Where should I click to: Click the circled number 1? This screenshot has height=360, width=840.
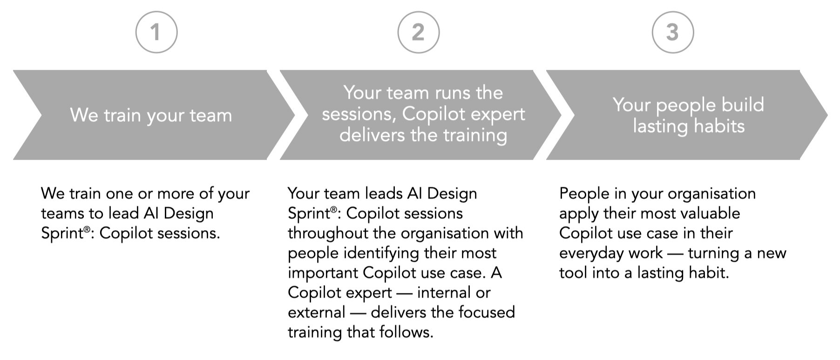click(156, 33)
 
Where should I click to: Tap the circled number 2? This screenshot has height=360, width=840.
click(418, 33)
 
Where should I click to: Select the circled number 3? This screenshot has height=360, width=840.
click(672, 33)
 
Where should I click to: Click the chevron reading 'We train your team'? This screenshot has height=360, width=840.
click(151, 115)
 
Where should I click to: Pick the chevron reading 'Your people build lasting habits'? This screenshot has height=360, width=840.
click(688, 115)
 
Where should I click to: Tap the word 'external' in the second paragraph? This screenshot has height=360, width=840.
click(316, 312)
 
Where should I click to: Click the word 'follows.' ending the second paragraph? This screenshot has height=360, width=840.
click(403, 332)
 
